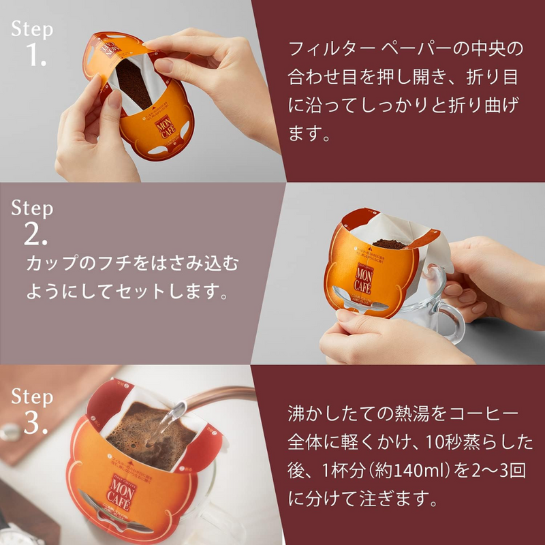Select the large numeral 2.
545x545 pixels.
(x=35, y=235)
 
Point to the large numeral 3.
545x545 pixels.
(x=35, y=423)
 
